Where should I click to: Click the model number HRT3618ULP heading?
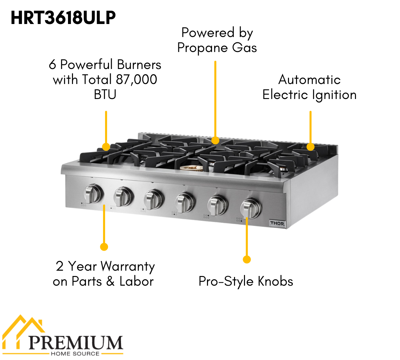pyautogui.click(x=63, y=18)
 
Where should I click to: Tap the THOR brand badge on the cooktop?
pyautogui.click(x=277, y=223)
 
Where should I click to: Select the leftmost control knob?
pyautogui.click(x=93, y=194)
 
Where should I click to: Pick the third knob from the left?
pyautogui.click(x=153, y=199)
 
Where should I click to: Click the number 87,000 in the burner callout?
pyautogui.click(x=136, y=80)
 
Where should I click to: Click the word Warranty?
pyautogui.click(x=128, y=267)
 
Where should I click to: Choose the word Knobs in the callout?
pyautogui.click(x=275, y=281)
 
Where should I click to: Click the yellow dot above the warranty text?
pyautogui.click(x=104, y=247)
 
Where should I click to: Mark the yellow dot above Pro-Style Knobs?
pyautogui.click(x=247, y=259)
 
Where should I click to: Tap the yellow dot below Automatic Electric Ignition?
pyautogui.click(x=310, y=147)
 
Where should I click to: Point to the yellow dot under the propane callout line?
pyautogui.click(x=215, y=140)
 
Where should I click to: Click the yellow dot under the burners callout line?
pyautogui.click(x=106, y=147)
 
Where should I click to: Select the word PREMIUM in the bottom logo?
pyautogui.click(x=76, y=342)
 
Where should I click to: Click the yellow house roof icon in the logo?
pyautogui.click(x=23, y=328)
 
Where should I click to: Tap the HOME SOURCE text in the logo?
pyautogui.click(x=75, y=353)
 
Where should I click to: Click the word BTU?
pyautogui.click(x=105, y=95)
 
